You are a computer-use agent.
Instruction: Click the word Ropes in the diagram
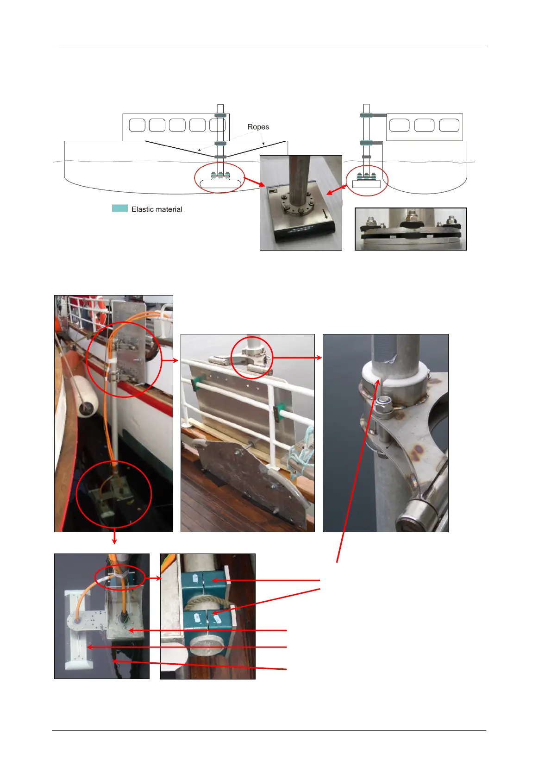pyautogui.click(x=258, y=127)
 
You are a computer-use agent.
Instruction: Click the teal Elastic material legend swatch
pyautogui.click(x=120, y=208)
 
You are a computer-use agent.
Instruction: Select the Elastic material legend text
pyautogui.click(x=157, y=209)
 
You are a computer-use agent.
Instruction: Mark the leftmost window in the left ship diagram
pyautogui.click(x=137, y=125)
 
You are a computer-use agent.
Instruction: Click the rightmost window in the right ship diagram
pyautogui.click(x=449, y=125)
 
